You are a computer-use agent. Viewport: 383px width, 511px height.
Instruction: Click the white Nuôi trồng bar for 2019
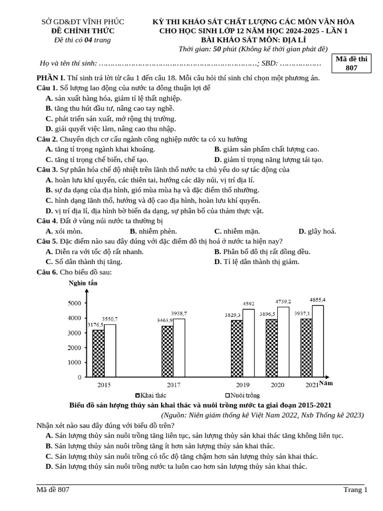(248, 343)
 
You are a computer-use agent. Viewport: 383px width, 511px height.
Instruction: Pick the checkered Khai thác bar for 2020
(271, 348)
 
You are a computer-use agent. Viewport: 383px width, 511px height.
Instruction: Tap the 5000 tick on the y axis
(74, 303)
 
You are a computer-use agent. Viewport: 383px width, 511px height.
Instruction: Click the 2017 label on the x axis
(174, 385)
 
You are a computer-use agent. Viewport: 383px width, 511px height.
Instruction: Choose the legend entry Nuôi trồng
(242, 395)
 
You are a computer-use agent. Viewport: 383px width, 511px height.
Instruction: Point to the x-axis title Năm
(326, 383)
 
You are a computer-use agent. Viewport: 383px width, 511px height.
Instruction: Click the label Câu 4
(47, 221)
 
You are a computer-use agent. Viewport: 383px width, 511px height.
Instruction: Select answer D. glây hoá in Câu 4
(317, 231)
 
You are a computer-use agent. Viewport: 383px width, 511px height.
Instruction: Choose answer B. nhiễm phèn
(153, 231)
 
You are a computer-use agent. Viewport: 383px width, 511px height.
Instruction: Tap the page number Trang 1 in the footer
(355, 490)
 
